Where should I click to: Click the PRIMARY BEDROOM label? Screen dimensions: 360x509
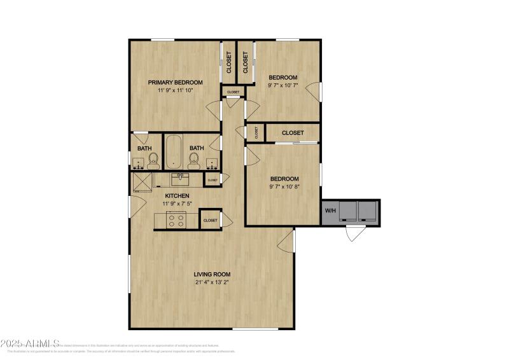(x=175, y=82)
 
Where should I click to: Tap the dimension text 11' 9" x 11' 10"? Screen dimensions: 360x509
(x=175, y=90)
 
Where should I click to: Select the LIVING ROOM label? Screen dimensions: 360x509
(x=212, y=274)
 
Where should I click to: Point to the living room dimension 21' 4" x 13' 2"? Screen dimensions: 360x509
(x=212, y=283)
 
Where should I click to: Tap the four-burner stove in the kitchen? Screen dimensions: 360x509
(x=176, y=220)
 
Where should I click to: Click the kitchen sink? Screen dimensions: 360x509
(x=180, y=177)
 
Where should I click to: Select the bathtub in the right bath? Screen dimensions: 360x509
(x=175, y=151)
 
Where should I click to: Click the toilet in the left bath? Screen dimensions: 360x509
(x=153, y=160)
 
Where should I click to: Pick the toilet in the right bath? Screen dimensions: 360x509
(x=193, y=160)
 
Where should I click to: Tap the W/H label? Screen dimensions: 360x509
(x=331, y=211)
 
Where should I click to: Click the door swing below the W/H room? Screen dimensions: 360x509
(x=354, y=232)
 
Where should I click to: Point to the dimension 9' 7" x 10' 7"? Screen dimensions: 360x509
(x=282, y=86)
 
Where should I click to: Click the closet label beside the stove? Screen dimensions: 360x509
(x=210, y=220)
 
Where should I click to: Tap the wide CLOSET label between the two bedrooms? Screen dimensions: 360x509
(x=292, y=133)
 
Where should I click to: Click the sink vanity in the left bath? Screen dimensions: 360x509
(x=139, y=165)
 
